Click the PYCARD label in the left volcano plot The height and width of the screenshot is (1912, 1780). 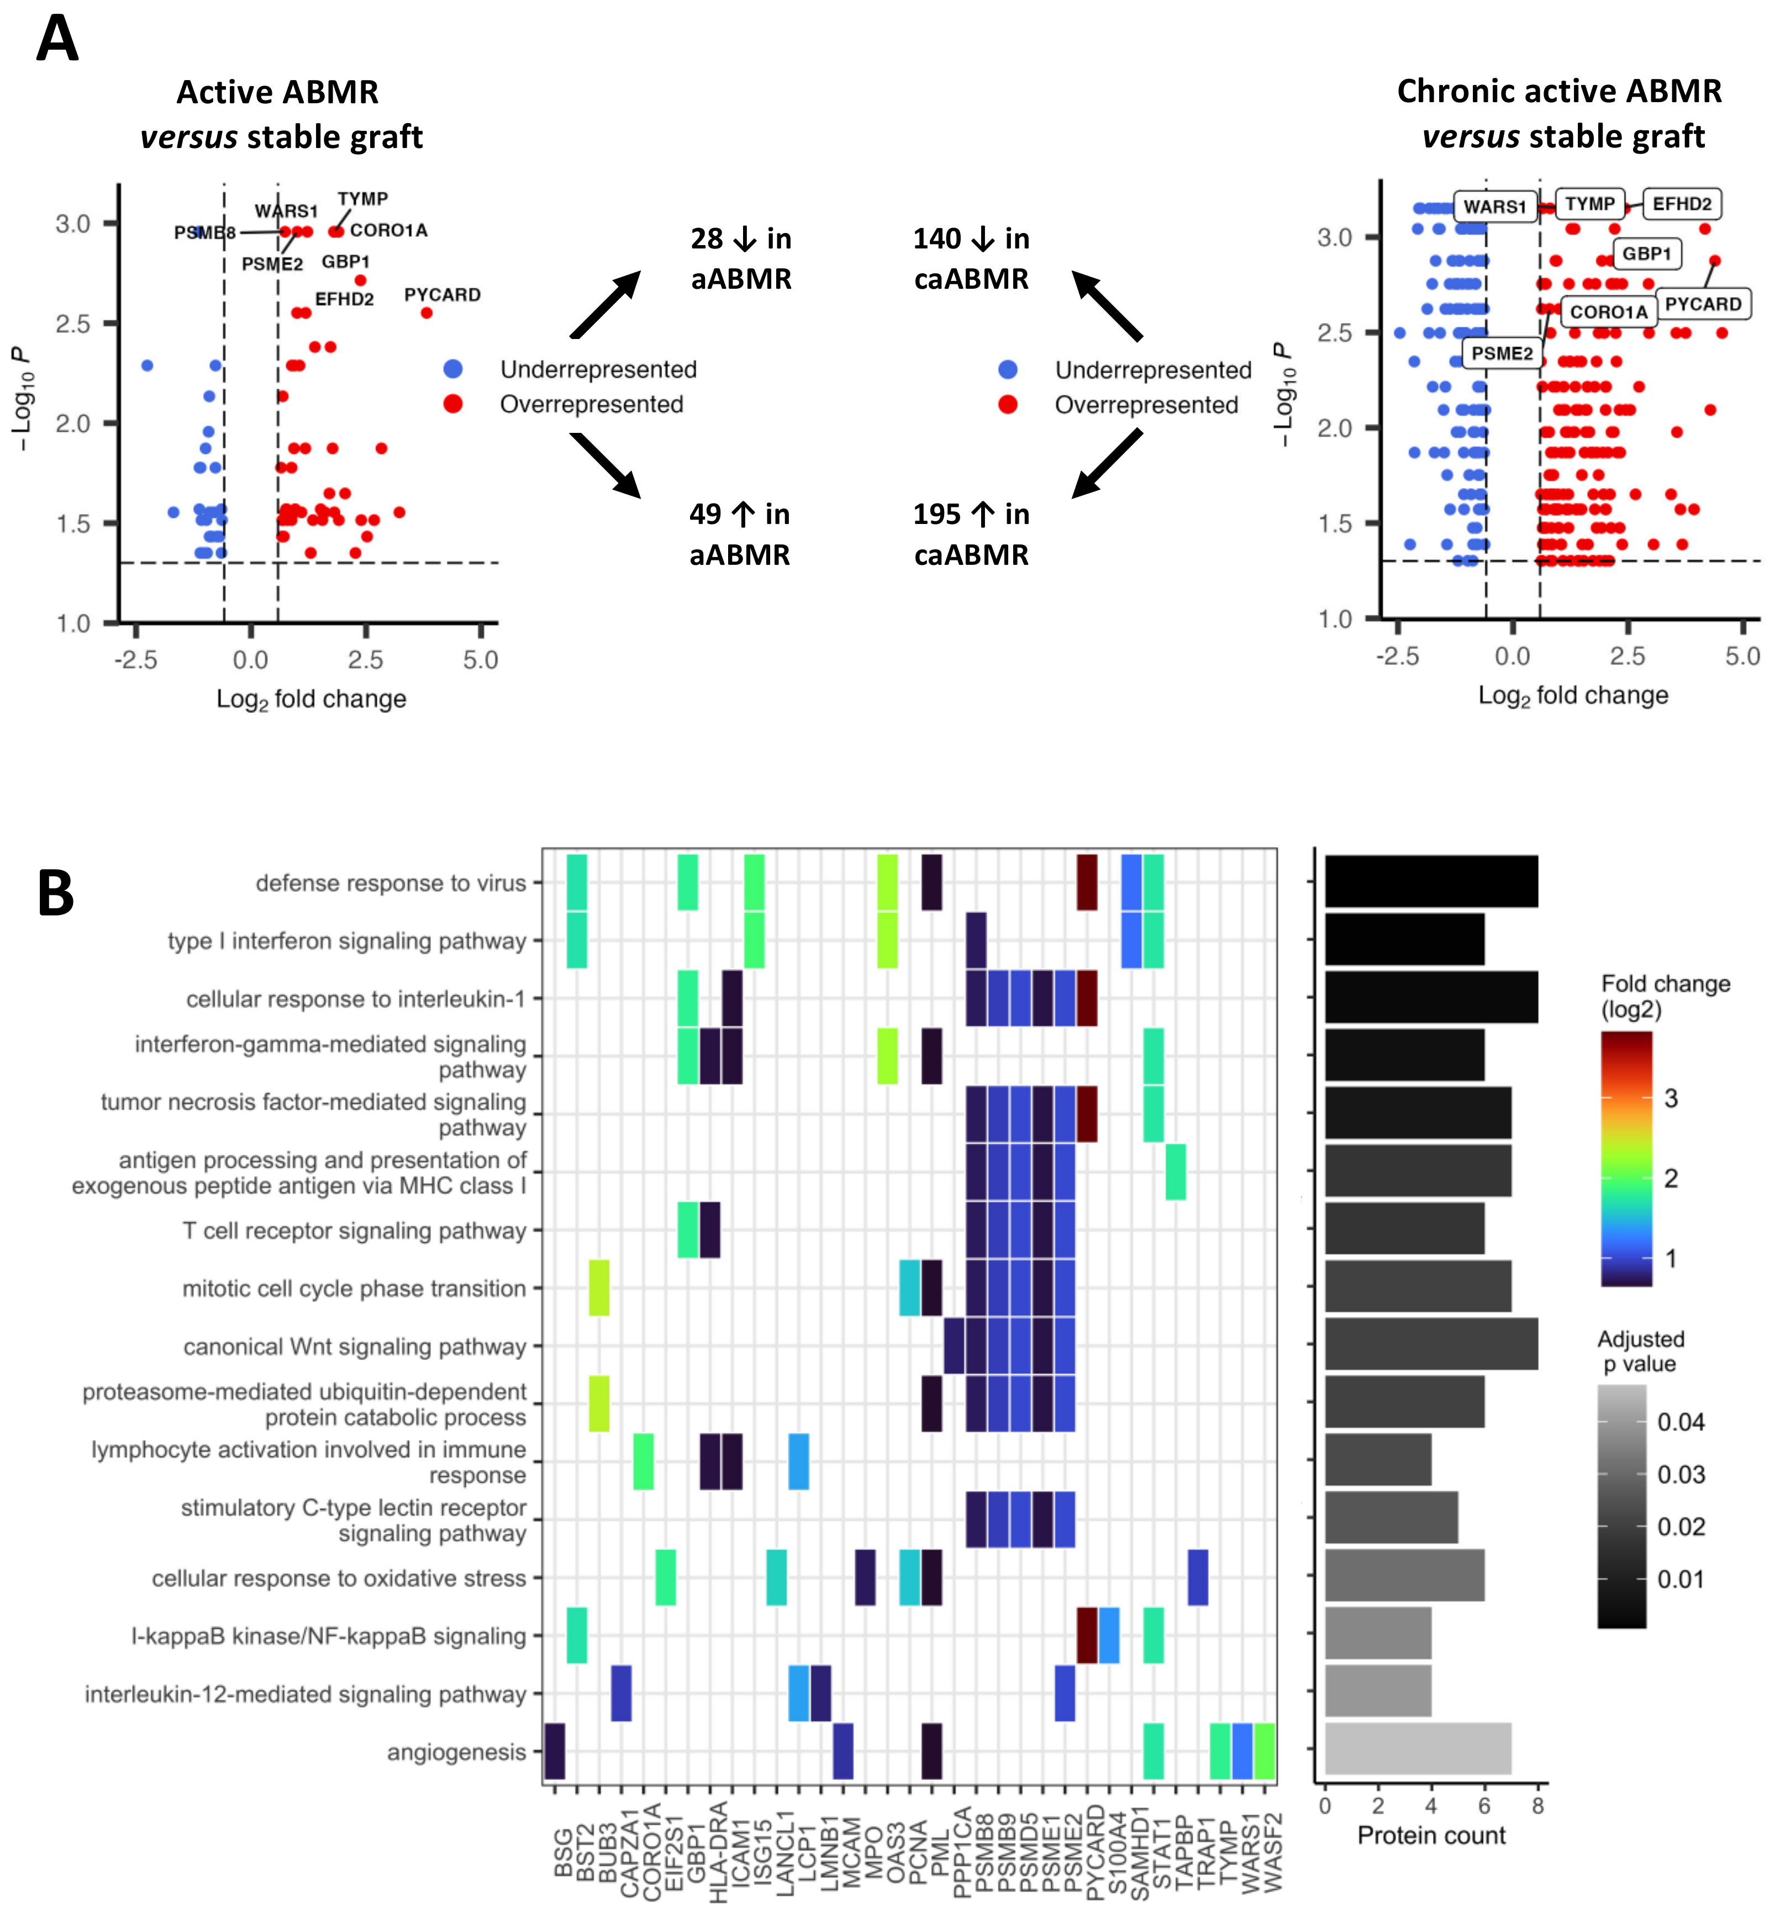441,294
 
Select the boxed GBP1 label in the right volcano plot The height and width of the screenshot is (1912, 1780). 1646,254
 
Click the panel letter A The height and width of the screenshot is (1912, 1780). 57,40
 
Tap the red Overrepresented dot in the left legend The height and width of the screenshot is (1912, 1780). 453,404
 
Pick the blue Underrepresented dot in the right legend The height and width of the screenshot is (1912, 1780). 1007,369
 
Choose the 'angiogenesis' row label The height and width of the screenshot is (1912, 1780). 456,1752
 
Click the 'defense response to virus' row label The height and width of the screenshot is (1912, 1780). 391,883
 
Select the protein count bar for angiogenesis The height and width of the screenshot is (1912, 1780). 1417,1749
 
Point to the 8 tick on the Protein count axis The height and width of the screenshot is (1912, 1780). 1537,1806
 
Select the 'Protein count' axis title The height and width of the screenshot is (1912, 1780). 1431,1835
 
